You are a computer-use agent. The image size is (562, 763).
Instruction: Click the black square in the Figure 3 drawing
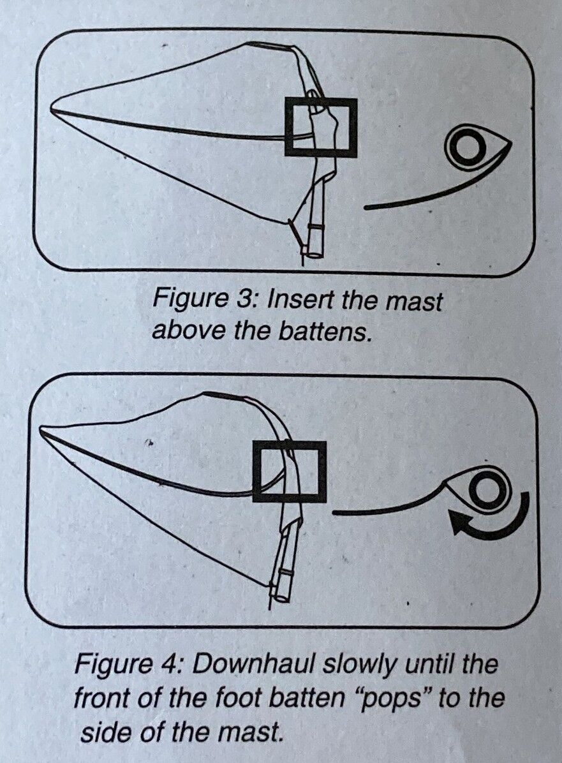pos(286,126)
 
